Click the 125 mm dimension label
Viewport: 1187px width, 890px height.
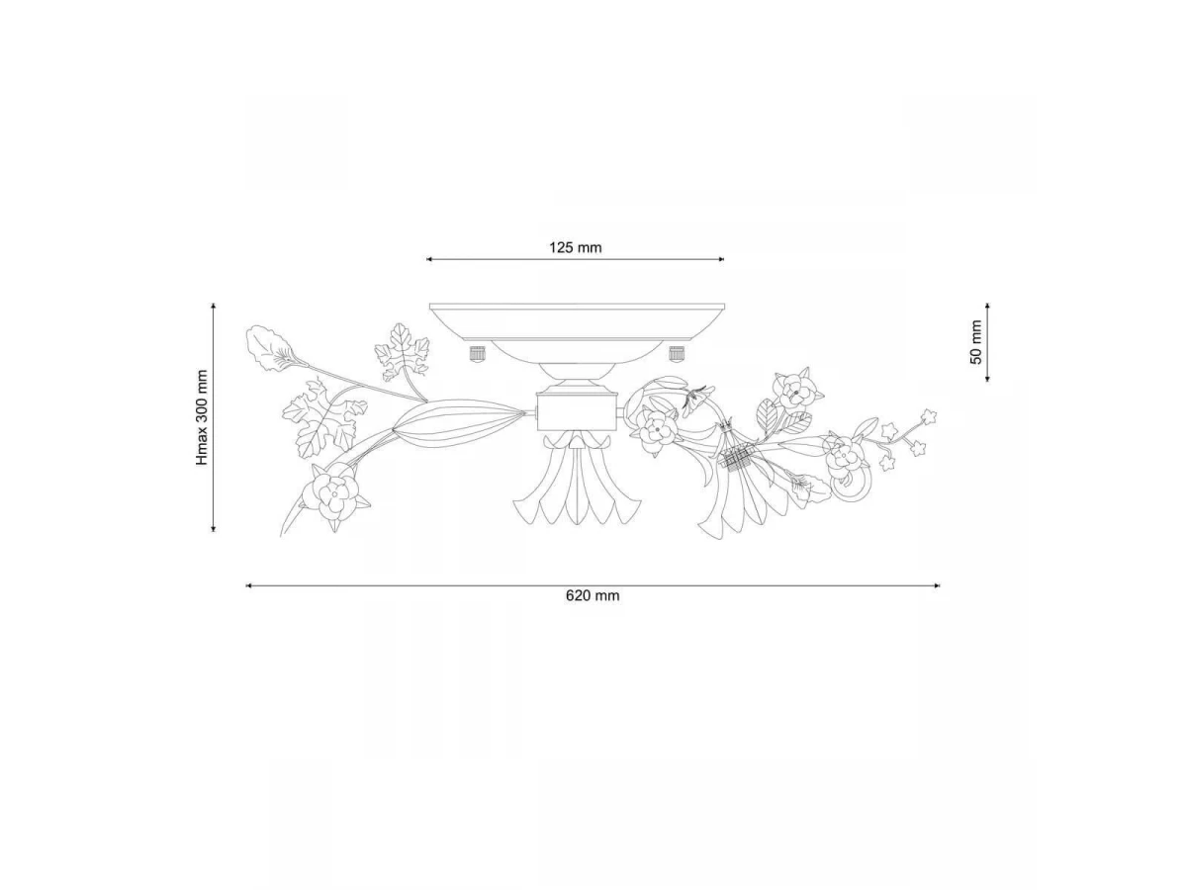click(x=576, y=248)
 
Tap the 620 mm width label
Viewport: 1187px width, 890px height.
click(x=593, y=596)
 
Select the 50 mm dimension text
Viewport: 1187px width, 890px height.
click(x=976, y=342)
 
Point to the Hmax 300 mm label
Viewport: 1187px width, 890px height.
click(x=202, y=417)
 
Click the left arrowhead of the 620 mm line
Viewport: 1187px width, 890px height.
click(x=248, y=585)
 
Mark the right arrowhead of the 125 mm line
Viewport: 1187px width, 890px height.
click(x=721, y=259)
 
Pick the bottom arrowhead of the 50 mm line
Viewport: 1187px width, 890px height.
click(x=987, y=379)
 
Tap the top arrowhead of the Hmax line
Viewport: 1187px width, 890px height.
click(x=214, y=307)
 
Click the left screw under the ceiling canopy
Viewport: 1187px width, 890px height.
click(x=477, y=353)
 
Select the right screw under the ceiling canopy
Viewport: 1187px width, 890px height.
click(x=677, y=353)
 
